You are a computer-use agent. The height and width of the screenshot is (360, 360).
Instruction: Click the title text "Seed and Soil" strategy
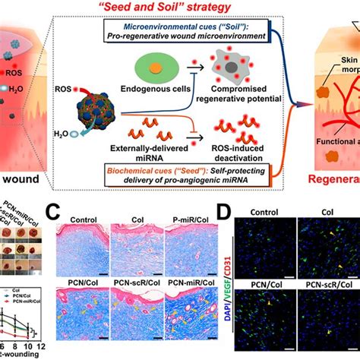pyautogui.click(x=179, y=8)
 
